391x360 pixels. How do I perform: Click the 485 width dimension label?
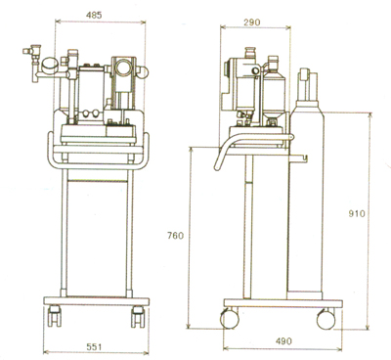click(x=94, y=15)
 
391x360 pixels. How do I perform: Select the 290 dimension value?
click(x=252, y=22)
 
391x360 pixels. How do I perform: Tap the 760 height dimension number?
click(x=176, y=235)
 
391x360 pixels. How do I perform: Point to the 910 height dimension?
click(x=357, y=214)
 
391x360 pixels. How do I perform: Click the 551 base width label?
click(x=94, y=347)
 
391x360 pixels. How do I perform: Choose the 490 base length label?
click(x=283, y=341)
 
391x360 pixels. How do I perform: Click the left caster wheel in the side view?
click(x=230, y=319)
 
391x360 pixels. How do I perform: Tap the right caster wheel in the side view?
click(x=326, y=319)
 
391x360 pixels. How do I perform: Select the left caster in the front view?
click(x=54, y=316)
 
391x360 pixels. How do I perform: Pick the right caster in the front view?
click(x=138, y=316)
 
